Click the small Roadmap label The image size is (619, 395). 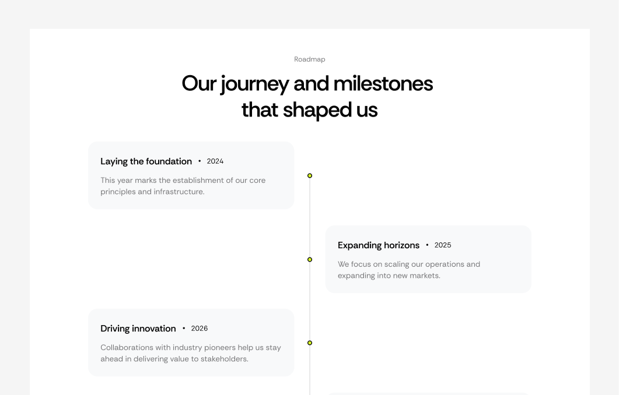click(x=309, y=59)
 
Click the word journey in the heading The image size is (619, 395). click(x=254, y=84)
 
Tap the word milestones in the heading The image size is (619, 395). click(x=383, y=84)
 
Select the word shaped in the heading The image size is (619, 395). click(x=310, y=110)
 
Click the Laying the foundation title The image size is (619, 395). click(x=146, y=161)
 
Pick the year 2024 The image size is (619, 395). click(x=215, y=161)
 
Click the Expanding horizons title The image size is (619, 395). click(x=379, y=245)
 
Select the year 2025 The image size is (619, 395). click(x=443, y=245)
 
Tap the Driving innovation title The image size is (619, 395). click(x=138, y=329)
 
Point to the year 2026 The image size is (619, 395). click(x=200, y=329)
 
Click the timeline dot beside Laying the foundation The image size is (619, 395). click(x=310, y=175)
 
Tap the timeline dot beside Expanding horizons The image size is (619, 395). click(x=310, y=259)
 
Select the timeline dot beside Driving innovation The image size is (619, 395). click(x=310, y=343)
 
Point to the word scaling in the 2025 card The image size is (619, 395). click(x=397, y=264)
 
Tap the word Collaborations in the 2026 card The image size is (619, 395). click(x=127, y=348)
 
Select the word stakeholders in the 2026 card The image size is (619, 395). click(x=225, y=359)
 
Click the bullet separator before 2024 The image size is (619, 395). click(x=200, y=161)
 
